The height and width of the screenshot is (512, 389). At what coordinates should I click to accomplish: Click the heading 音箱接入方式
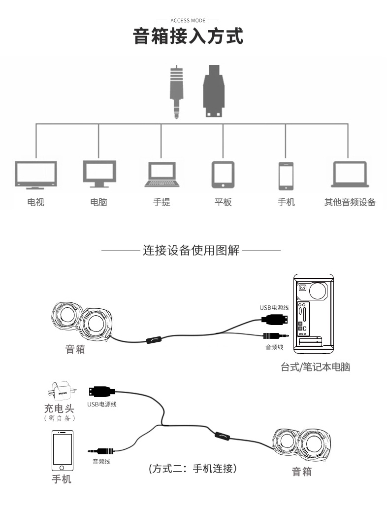pyautogui.click(x=189, y=37)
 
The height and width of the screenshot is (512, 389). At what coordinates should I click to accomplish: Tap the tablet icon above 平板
pyautogui.click(x=223, y=175)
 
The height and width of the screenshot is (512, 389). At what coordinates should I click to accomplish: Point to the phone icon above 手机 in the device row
pyautogui.click(x=286, y=175)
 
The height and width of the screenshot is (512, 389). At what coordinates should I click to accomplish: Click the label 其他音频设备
pyautogui.click(x=350, y=202)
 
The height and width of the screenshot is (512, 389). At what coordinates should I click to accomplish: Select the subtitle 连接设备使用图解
pyautogui.click(x=191, y=251)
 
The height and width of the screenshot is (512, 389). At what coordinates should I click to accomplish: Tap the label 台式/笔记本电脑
pyautogui.click(x=315, y=367)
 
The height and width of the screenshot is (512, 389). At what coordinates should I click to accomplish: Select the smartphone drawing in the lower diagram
pyautogui.click(x=62, y=451)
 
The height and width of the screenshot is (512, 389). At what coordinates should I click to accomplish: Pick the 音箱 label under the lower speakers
pyautogui.click(x=302, y=472)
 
